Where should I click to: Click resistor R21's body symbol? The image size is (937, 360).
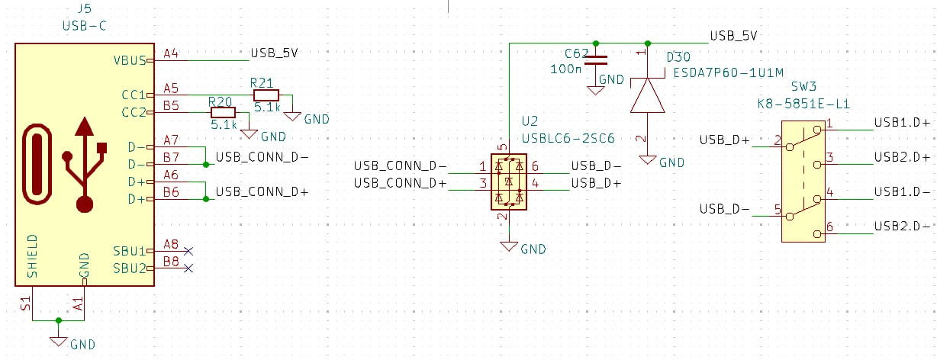tap(266, 95)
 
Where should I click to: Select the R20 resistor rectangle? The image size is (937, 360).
tap(223, 112)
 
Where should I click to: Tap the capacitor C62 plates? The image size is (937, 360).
tap(596, 60)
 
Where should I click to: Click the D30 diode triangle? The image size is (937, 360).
tap(648, 95)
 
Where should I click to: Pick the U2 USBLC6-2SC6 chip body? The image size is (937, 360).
tap(509, 182)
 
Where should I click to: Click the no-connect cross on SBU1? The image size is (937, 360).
tap(188, 251)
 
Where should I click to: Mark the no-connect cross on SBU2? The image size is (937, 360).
tap(188, 268)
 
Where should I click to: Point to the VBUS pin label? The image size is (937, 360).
tap(130, 60)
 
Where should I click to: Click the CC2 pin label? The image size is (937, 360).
tap(134, 112)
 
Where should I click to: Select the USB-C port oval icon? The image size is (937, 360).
tap(37, 164)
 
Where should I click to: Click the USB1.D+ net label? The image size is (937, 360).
tap(902, 123)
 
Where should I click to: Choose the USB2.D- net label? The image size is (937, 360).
tap(902, 227)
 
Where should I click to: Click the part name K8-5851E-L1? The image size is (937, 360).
tap(803, 104)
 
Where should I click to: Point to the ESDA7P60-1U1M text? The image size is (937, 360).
tap(728, 73)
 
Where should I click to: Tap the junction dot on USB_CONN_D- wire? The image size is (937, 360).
tap(206, 165)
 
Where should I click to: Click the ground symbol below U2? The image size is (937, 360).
tap(509, 246)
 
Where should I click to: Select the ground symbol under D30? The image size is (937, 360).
tap(648, 160)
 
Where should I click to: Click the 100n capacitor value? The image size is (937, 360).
tap(565, 69)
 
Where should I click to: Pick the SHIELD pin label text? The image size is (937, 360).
tap(33, 256)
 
